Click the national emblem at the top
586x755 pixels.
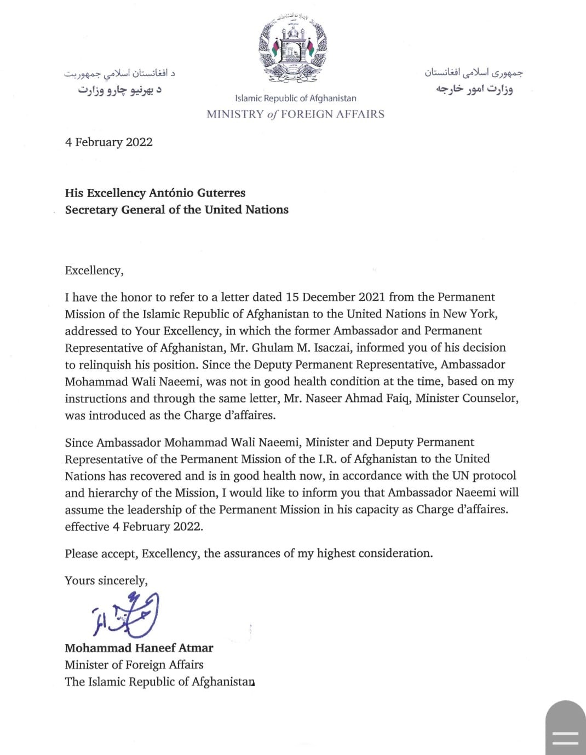(293, 49)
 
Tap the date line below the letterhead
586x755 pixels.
(108, 142)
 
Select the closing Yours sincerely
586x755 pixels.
(106, 581)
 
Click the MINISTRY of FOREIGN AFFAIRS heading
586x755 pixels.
(295, 114)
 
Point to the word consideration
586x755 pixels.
(395, 554)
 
